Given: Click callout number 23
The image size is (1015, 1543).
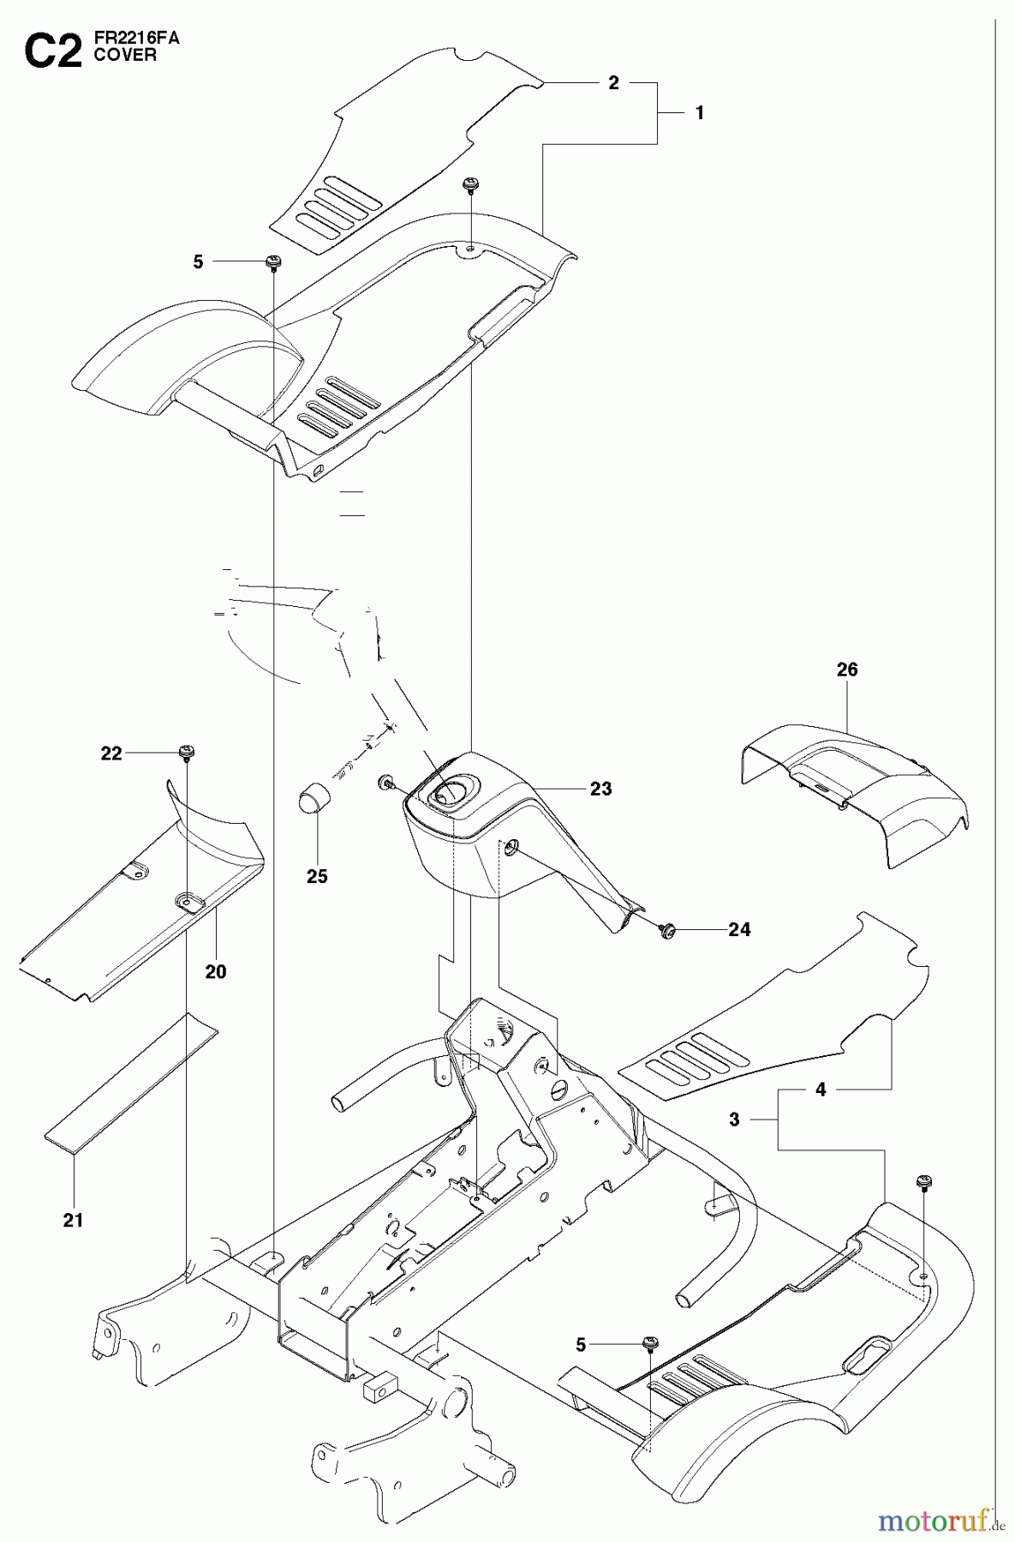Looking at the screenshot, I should coord(600,789).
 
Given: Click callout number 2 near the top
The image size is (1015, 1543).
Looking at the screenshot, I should coord(613,83).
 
